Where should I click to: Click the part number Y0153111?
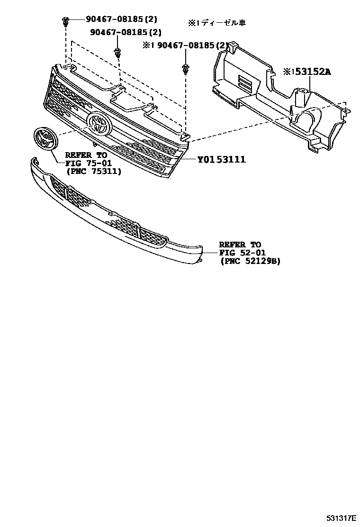(221, 159)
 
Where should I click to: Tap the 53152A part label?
(307, 72)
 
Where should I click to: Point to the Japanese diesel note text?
(216, 22)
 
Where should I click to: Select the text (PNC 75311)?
(93, 171)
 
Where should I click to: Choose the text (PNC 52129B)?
(250, 261)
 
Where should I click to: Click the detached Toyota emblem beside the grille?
(45, 138)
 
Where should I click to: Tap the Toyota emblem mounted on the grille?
(99, 124)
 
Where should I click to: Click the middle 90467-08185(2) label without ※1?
(126, 33)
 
